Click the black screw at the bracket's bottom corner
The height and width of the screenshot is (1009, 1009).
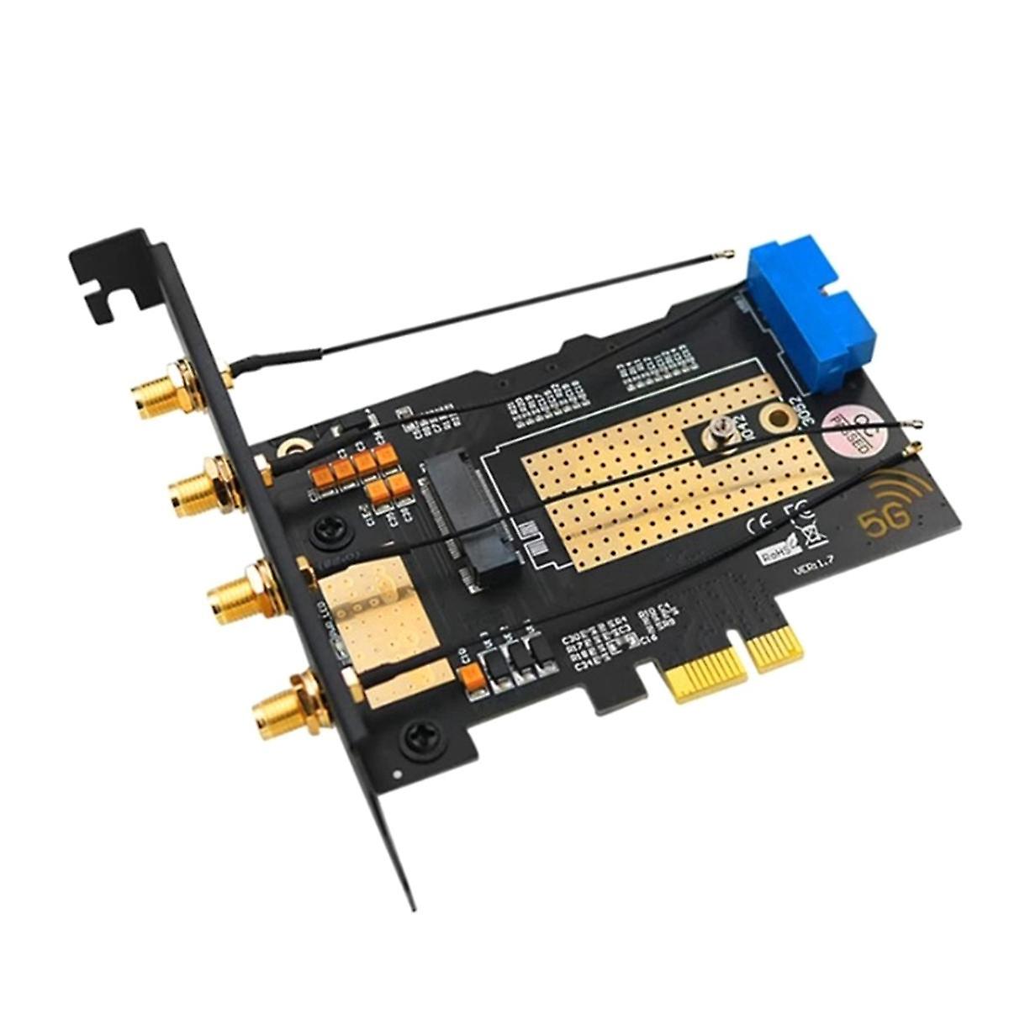[x=418, y=739]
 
